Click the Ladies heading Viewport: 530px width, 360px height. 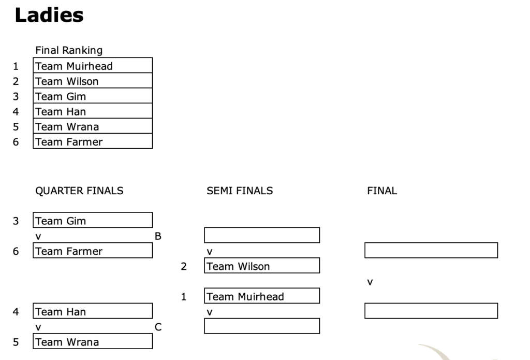[x=49, y=16]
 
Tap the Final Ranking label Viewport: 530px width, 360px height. [x=69, y=50]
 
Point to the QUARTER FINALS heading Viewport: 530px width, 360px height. [x=79, y=191]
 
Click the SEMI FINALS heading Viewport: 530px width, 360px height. [x=240, y=191]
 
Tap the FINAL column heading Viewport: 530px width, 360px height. [x=382, y=191]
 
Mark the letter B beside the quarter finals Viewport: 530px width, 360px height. [x=158, y=236]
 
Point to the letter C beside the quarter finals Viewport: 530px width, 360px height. [x=158, y=327]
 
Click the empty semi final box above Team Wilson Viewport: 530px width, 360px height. [x=261, y=236]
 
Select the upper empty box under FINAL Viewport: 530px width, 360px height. [x=431, y=251]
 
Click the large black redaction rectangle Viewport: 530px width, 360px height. [x=267, y=39]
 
